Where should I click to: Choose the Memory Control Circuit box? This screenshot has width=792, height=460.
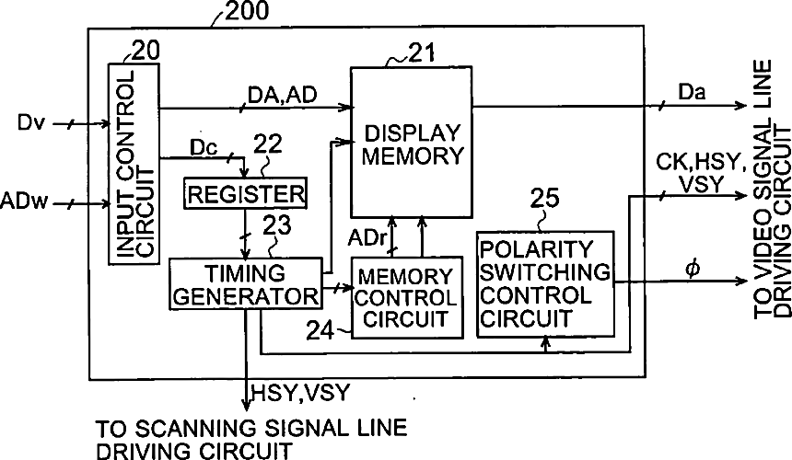pyautogui.click(x=405, y=298)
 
